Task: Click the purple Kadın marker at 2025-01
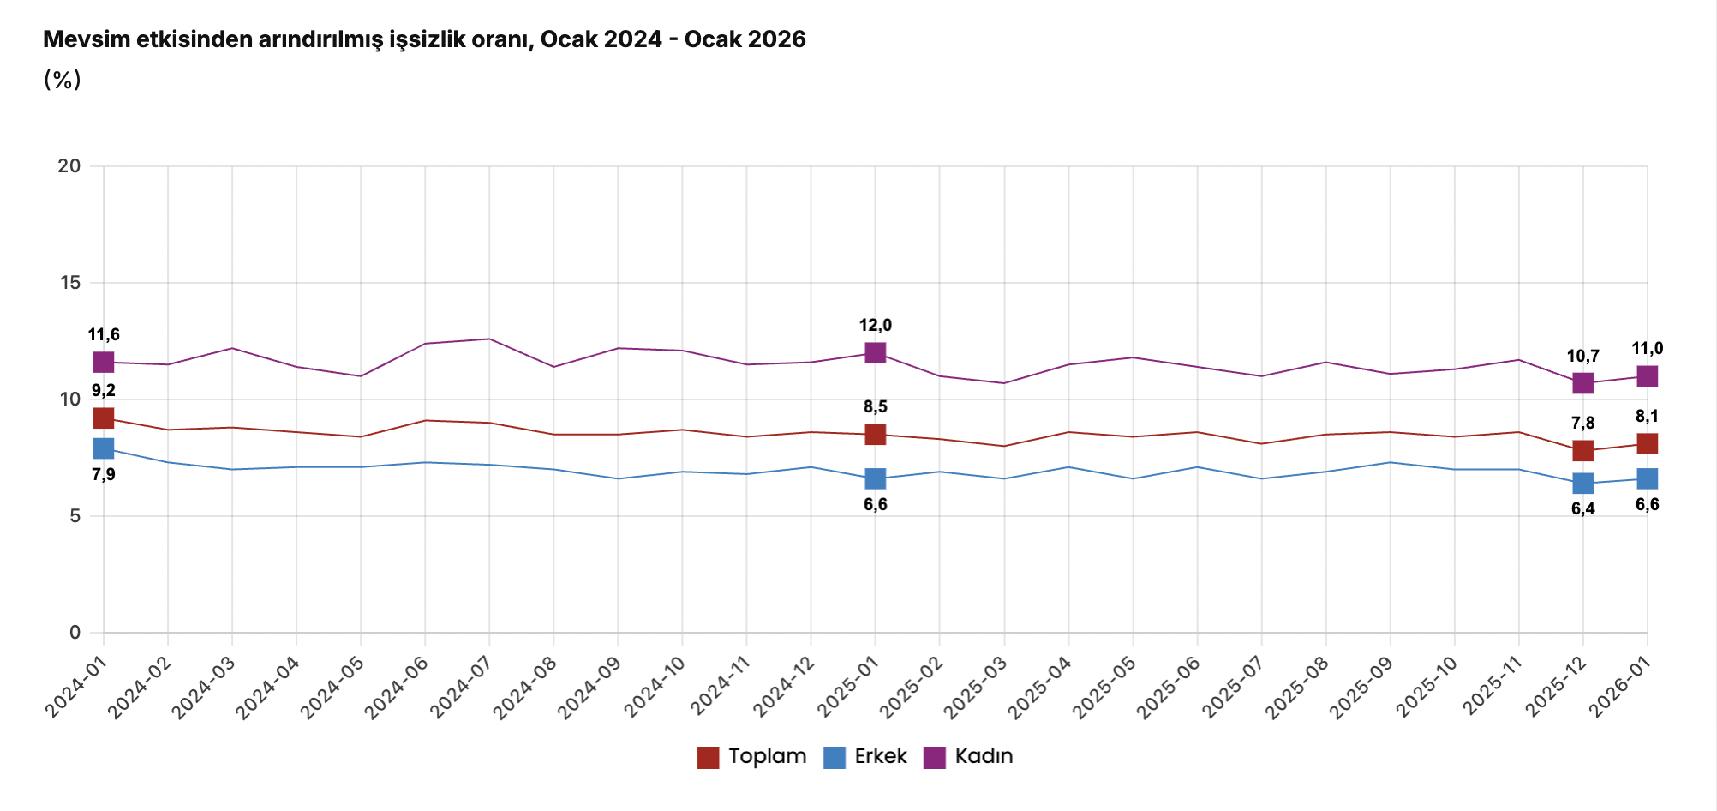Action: click(x=875, y=352)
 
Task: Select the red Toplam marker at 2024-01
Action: click(x=104, y=418)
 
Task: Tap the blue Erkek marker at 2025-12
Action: click(x=1582, y=484)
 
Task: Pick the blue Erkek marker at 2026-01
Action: click(x=1647, y=478)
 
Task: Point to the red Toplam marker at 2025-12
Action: click(x=1582, y=450)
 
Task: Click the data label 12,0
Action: click(x=875, y=326)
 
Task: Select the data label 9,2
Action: click(x=104, y=391)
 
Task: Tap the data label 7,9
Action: click(x=104, y=475)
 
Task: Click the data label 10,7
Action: click(x=1582, y=357)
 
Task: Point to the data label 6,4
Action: click(x=1582, y=509)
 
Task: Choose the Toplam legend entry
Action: click(x=752, y=757)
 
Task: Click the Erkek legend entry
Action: click(x=865, y=757)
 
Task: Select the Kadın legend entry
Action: click(x=969, y=757)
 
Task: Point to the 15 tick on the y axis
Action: click(x=69, y=283)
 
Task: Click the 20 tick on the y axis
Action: click(x=69, y=166)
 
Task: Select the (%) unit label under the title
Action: click(x=62, y=80)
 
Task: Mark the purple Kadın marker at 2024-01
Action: click(x=104, y=362)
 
